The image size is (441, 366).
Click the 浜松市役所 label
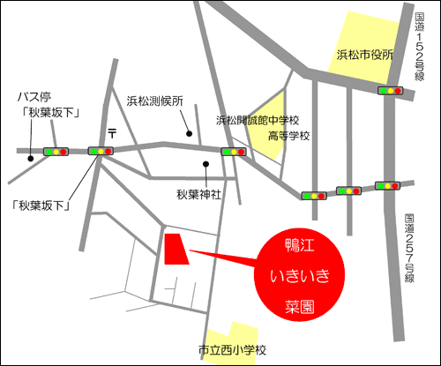coord(364,56)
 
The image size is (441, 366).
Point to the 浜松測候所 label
coord(154,101)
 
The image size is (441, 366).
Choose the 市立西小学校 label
coord(233,349)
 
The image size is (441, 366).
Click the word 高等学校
coord(288,136)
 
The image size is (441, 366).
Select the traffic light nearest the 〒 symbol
coord(100,152)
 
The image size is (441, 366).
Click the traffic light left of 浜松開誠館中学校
coord(233,152)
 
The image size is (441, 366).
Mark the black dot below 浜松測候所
coord(189,132)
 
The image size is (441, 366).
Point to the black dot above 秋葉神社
coord(206,164)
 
